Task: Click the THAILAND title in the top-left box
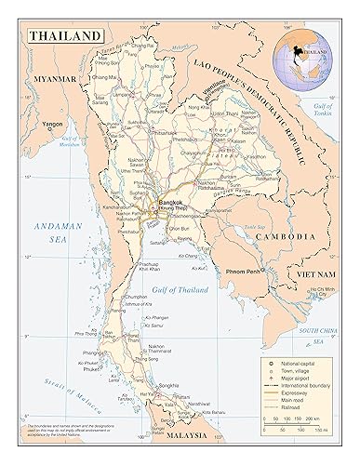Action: click(x=65, y=36)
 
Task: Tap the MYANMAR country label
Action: click(x=55, y=81)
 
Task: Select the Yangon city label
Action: click(x=52, y=123)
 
